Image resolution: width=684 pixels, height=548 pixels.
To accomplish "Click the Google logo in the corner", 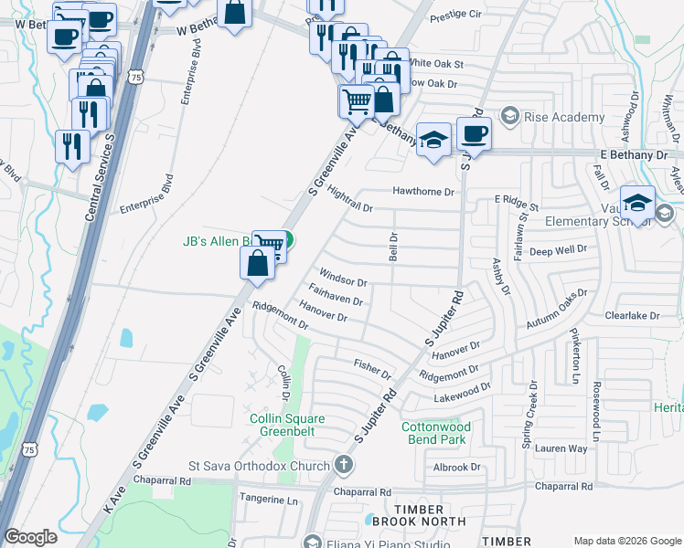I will point(30,537).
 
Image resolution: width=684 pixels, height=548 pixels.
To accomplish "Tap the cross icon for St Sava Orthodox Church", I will point(343,466).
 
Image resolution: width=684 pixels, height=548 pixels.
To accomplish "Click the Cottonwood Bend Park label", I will point(437,433).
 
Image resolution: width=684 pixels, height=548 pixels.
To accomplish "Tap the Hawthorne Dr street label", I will point(423,192).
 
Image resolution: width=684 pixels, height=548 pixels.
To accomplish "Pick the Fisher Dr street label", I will point(372,369).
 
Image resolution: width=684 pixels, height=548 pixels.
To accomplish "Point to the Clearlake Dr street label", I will point(632,315).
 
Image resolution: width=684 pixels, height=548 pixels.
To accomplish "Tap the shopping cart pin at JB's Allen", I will point(267,245).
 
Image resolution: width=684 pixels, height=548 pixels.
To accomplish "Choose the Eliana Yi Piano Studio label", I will point(384,542).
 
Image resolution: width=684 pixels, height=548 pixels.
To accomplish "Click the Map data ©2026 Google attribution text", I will point(625,541).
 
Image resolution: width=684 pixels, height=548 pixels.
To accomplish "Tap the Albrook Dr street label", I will point(457,467).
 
